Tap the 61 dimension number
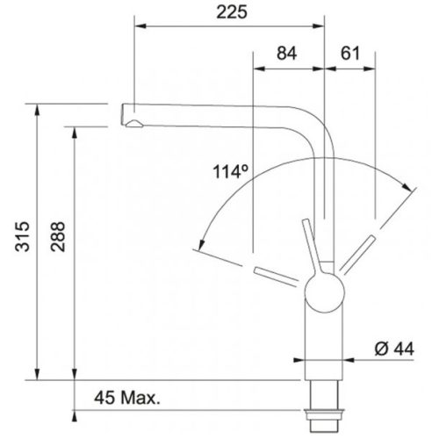(x=349, y=53)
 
